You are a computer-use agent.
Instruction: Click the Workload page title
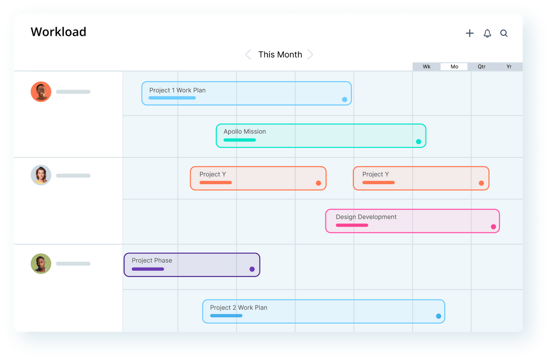58,32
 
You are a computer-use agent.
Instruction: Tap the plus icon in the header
469,33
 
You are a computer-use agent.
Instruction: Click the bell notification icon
487,33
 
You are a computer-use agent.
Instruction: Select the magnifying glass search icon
504,33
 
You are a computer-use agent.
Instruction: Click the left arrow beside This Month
248,55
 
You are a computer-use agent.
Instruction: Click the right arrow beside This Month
310,55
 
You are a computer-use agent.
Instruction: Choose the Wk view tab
427,67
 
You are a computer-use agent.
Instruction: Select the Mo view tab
454,67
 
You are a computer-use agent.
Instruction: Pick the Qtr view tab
482,67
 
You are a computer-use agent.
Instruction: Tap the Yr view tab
509,67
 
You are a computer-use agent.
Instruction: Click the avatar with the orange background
41,92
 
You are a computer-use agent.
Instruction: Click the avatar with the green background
41,264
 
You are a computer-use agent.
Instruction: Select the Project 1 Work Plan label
178,90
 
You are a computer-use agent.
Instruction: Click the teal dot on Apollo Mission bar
418,142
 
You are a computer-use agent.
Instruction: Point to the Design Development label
366,217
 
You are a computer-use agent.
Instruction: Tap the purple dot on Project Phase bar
252,269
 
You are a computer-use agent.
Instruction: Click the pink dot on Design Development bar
493,227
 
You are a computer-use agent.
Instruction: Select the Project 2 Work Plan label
238,307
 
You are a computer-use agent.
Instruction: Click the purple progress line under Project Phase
148,269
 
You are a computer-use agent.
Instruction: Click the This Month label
280,55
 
